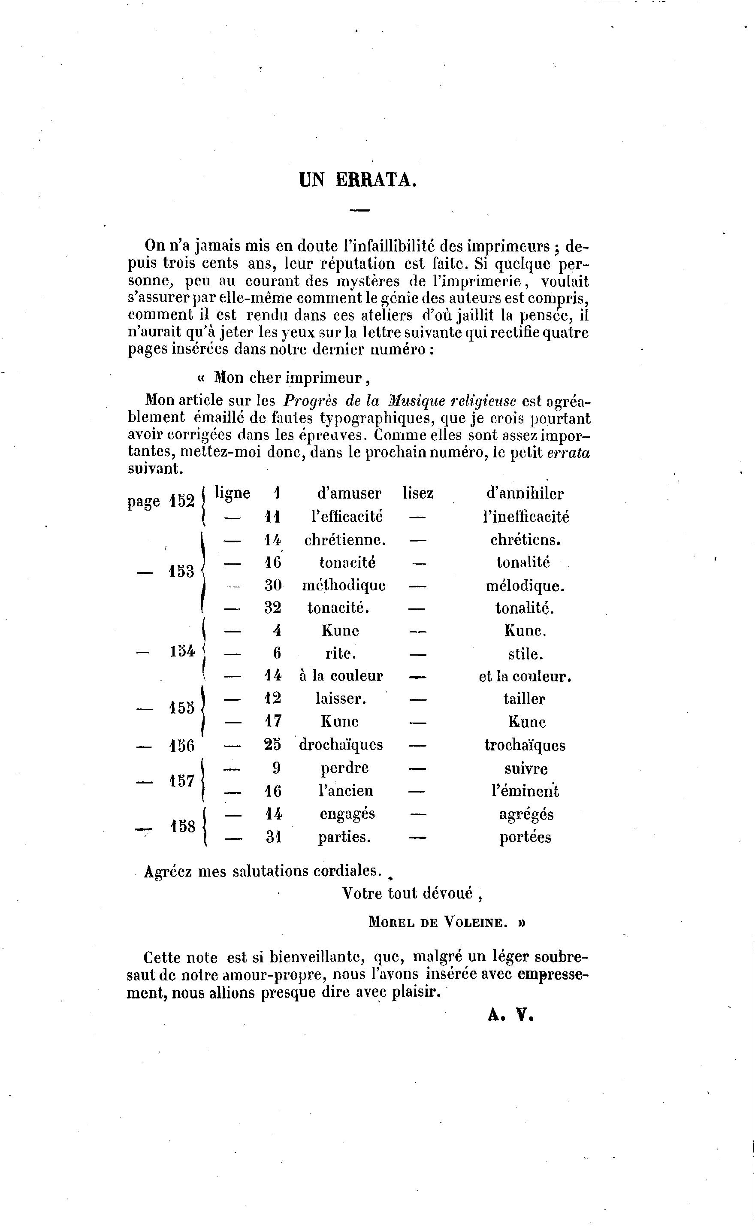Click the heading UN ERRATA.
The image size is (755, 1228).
coord(357,180)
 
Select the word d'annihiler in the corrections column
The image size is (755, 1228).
coord(524,493)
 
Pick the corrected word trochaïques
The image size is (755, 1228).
coord(525,745)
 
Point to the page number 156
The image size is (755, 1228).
coord(181,746)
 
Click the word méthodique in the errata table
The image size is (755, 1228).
coord(344,585)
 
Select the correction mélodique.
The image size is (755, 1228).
coord(525,585)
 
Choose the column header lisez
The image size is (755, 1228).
coord(418,493)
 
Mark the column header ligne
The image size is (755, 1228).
coord(232,493)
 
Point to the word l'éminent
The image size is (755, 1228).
coord(525,791)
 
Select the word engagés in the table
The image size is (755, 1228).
coord(347,814)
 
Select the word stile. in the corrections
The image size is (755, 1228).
coord(524,654)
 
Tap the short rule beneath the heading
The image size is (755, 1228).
coord(359,210)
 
